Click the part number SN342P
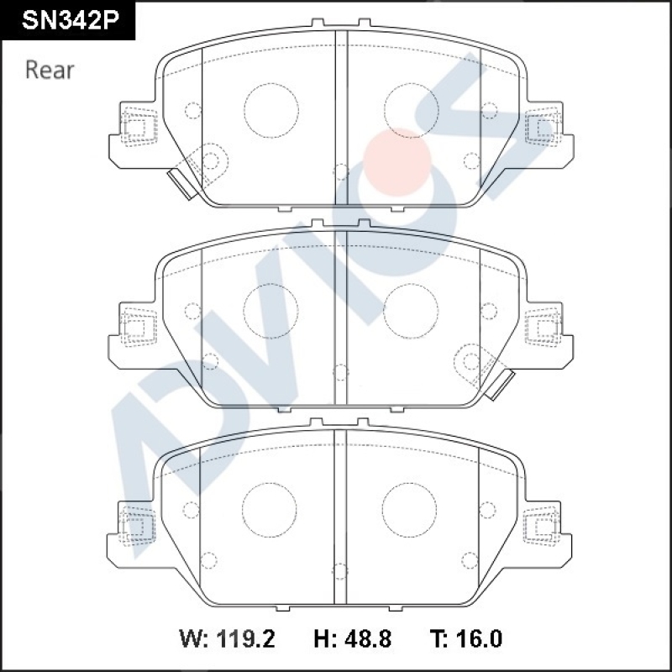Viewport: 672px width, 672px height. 70,20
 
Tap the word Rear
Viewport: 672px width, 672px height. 50,70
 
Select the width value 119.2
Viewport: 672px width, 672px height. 245,639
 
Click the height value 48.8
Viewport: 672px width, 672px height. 368,639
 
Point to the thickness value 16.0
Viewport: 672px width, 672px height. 478,639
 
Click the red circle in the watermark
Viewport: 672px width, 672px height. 396,162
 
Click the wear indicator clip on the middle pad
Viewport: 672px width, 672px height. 500,385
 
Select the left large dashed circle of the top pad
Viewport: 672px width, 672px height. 271,111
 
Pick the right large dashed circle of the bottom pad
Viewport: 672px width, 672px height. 409,510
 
